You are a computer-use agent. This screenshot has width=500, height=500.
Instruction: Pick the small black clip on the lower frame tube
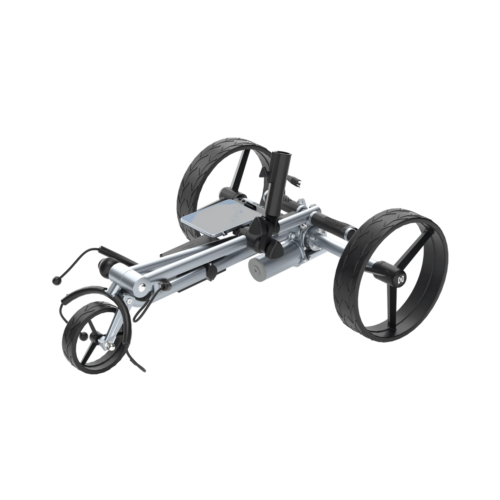[210, 272]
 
